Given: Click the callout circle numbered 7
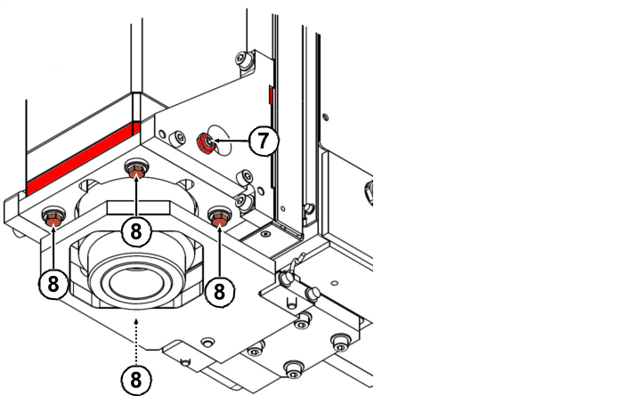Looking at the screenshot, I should [x=263, y=141].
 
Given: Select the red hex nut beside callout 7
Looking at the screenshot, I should [x=204, y=141].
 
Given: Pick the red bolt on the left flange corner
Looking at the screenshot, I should [x=53, y=215].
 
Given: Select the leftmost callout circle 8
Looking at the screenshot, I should [x=53, y=284].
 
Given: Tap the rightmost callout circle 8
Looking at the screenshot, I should [x=220, y=289].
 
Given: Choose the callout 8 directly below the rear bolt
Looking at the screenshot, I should [x=136, y=231].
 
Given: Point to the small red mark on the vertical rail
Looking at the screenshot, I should [x=270, y=94].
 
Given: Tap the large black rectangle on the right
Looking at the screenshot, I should [x=499, y=198].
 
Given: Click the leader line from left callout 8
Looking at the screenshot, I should [x=53, y=245].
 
